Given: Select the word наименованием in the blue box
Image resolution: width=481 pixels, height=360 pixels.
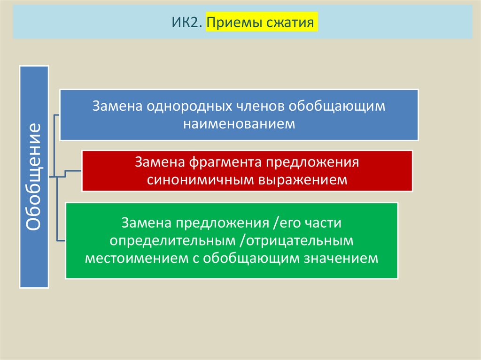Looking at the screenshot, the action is [x=239, y=123].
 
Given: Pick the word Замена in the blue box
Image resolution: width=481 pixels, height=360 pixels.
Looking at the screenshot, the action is [x=117, y=106].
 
